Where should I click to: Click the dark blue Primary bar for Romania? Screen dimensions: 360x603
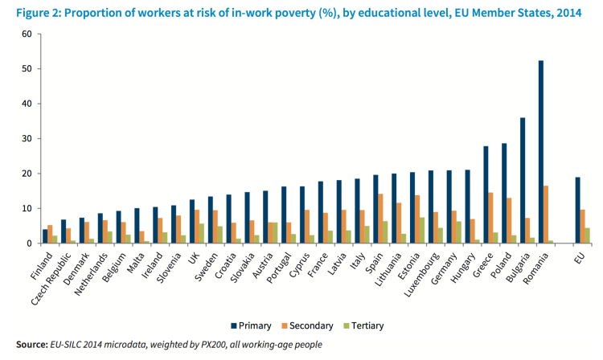[x=541, y=152]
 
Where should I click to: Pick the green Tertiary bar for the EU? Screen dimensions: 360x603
[x=587, y=235]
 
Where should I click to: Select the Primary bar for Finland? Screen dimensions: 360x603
[x=46, y=236]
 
